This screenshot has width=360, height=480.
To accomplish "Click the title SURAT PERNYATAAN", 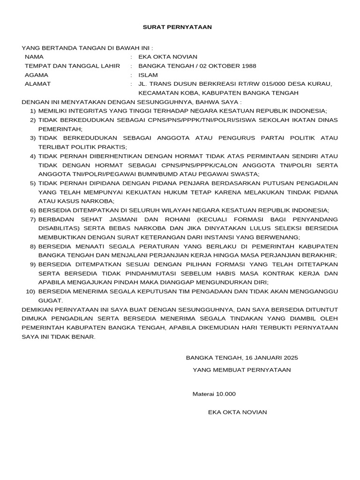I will point(177,27).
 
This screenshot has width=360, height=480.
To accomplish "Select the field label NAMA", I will point(34,57).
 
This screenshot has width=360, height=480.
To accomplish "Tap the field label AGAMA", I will point(36,75).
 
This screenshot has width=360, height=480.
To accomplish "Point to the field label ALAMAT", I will point(37,84).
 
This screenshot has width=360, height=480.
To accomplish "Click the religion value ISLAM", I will point(148,75).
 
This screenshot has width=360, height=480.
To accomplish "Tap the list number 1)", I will point(33,111).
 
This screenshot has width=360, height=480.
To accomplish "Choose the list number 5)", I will point(33,183).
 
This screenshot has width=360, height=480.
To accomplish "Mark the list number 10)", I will point(31,291).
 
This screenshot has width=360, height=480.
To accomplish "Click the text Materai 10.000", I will point(214,394).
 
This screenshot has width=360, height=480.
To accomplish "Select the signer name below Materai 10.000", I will point(237,412).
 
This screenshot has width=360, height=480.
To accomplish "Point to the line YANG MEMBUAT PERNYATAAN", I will point(241,370).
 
